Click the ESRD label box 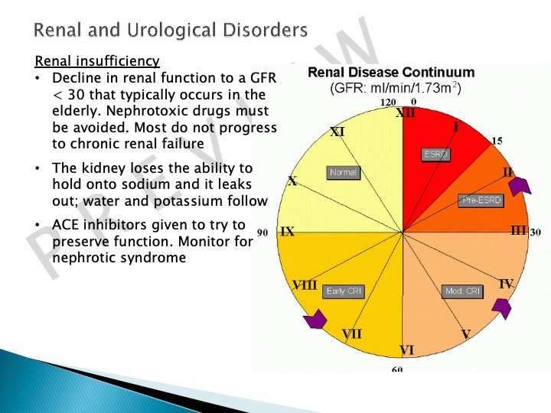click(436, 154)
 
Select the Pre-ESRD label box click(480, 200)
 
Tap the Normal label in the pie click(343, 173)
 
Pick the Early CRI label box click(345, 291)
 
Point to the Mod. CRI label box click(463, 291)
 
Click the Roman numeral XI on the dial click(337, 132)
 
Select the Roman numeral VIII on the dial click(305, 285)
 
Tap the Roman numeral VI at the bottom click(406, 350)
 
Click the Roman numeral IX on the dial click(287, 232)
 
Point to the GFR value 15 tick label click(497, 141)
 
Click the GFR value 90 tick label click(262, 232)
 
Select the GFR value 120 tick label click(388, 101)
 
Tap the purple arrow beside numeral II click(520, 184)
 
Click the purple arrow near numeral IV click(501, 307)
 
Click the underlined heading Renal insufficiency click(98, 61)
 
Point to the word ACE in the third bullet click(67, 225)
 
